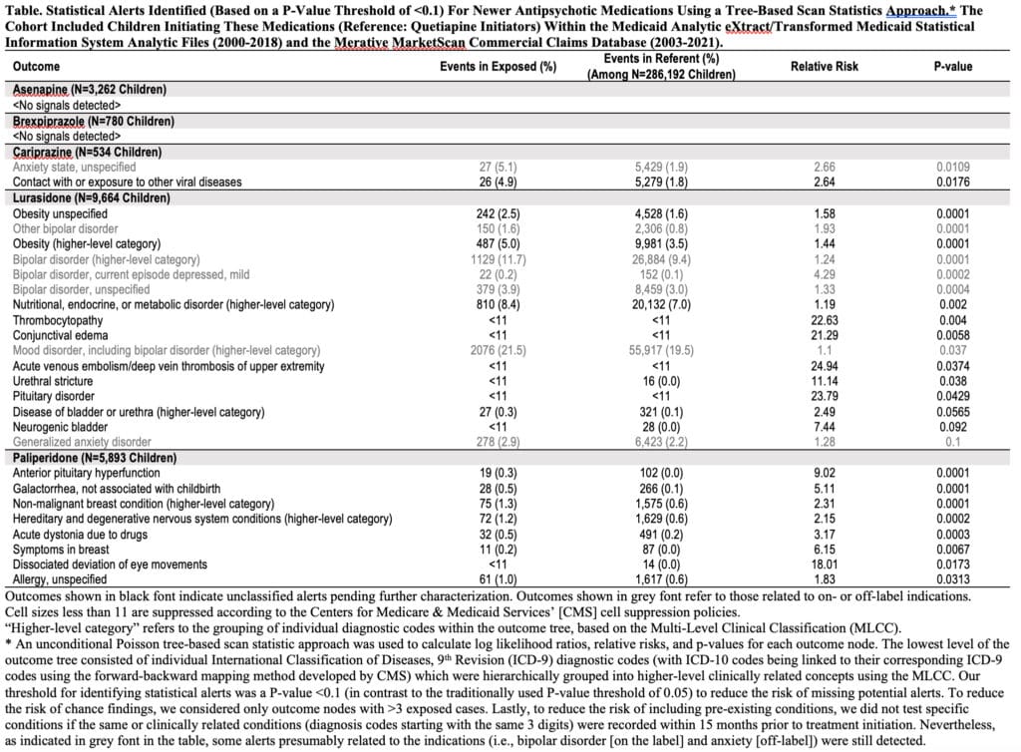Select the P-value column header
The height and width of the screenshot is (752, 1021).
coord(946,67)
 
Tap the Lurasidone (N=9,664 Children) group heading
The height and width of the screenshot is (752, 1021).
coord(96,197)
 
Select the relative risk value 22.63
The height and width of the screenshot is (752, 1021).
coord(824,320)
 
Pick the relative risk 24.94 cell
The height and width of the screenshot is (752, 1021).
coord(824,366)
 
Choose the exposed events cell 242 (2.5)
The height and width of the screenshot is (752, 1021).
coord(499,213)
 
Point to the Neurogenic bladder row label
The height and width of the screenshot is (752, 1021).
coord(61,427)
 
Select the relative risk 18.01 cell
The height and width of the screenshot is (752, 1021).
coord(824,564)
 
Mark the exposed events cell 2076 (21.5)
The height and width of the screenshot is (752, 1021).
coord(499,351)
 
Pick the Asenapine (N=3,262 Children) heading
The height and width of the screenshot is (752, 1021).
coord(90,90)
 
